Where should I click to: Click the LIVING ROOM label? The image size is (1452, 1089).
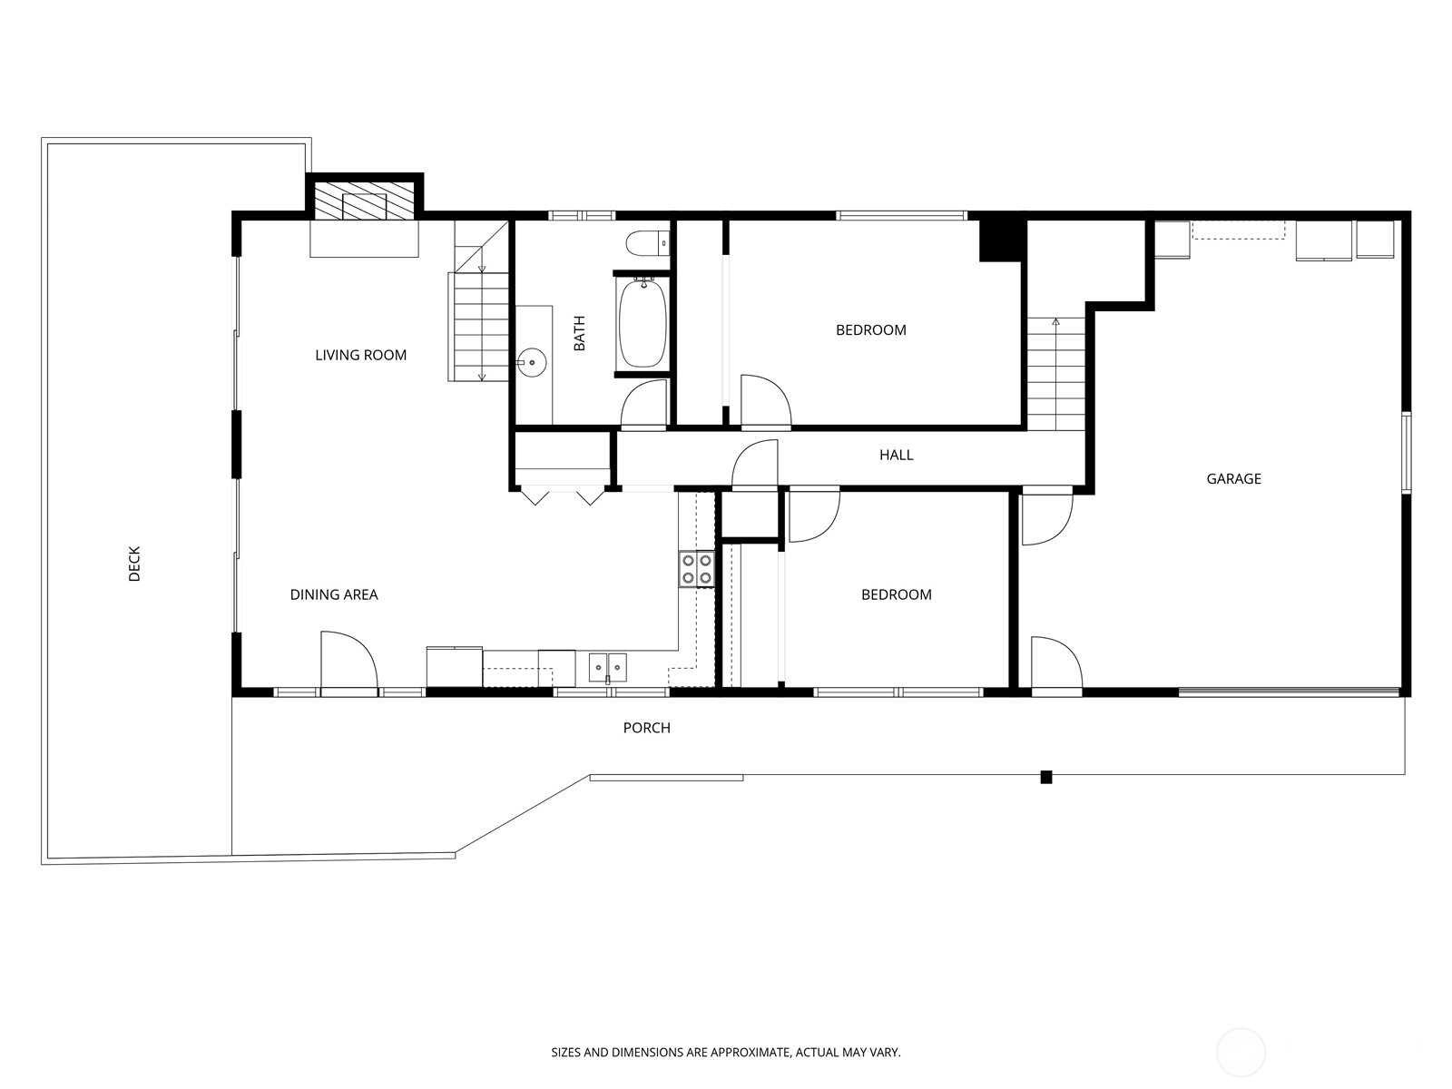pos(360,355)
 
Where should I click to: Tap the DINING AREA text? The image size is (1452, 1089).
pos(333,594)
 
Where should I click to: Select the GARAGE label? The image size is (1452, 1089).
pos(1233,478)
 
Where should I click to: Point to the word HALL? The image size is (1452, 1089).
pos(896,455)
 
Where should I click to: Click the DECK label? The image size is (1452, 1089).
pos(134,564)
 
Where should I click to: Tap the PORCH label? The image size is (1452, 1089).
pos(646,727)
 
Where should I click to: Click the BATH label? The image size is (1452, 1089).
pos(579,333)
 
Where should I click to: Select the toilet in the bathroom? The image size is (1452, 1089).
pos(647,243)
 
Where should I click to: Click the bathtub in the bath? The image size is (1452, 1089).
pos(643,323)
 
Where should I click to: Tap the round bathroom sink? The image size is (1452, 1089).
pos(533,363)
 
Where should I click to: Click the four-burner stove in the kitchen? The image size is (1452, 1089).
pos(697,568)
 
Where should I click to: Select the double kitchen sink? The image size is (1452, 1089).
pos(607,668)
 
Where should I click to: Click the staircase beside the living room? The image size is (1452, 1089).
pos(479,326)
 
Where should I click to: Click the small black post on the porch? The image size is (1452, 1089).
pos(1045,777)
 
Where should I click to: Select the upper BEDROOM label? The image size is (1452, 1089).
pos(870,329)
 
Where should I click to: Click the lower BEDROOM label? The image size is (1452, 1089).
pos(896,594)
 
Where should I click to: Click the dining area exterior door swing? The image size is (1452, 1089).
pos(348,661)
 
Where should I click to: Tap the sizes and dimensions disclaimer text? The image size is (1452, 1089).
pos(725,1053)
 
